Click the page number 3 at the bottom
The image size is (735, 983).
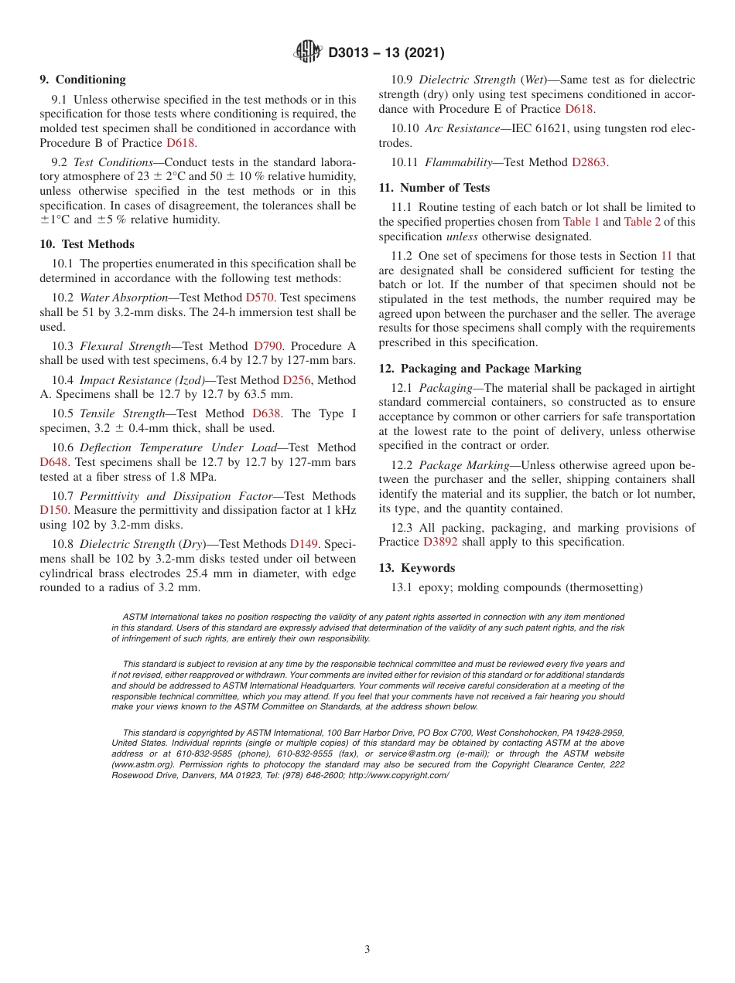point(367,950)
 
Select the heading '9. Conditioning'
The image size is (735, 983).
point(82,80)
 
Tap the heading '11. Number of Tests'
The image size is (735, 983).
point(434,188)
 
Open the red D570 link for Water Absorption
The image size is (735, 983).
point(262,298)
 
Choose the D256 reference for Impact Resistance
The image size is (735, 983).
point(297,380)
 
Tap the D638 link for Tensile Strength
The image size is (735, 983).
point(267,413)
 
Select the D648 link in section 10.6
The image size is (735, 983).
point(54,462)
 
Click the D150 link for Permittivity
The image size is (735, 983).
point(54,511)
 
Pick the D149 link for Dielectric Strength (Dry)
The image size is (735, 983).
point(305,544)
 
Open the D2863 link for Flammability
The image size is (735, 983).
point(589,162)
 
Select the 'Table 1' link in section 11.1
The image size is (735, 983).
point(581,222)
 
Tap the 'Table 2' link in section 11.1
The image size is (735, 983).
point(642,222)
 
